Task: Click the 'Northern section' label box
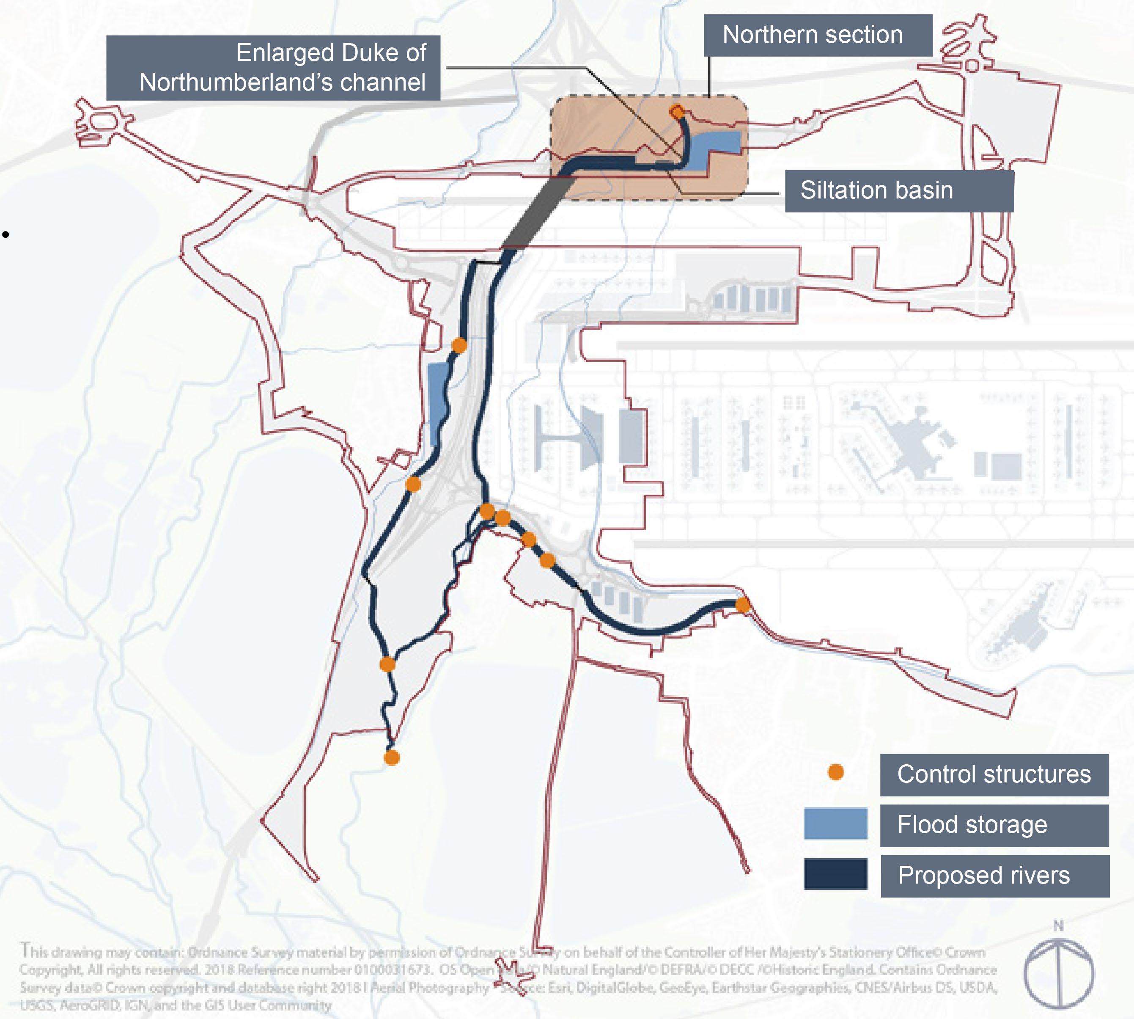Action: (x=817, y=35)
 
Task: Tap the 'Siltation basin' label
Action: (x=898, y=191)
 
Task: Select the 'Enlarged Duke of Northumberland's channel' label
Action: (x=273, y=68)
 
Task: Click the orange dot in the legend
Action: (x=836, y=772)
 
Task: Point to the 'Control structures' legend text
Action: (x=994, y=775)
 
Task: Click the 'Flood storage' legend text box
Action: (x=994, y=825)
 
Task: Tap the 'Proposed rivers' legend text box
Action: (x=994, y=876)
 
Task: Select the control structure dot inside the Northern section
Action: (x=677, y=112)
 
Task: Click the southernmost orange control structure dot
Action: (x=392, y=757)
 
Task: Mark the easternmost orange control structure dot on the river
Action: (x=742, y=605)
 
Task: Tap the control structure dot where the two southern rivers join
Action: (x=387, y=664)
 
